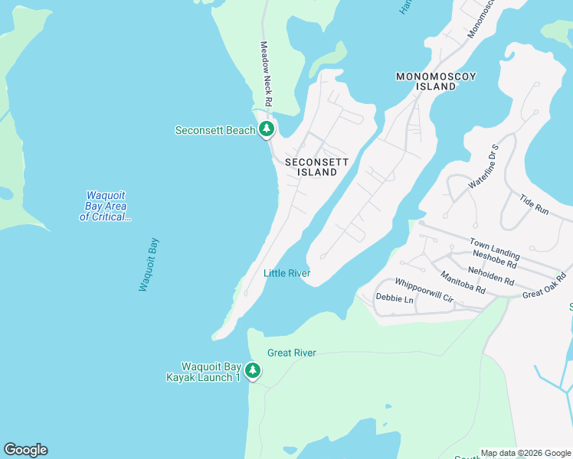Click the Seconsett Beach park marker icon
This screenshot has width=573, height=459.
pos(267,129)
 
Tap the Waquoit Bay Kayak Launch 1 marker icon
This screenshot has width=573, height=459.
pos(253,371)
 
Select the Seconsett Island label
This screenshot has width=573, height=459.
pos(316,168)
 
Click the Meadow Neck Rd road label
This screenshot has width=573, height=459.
pos(266,73)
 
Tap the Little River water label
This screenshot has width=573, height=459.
pos(286,273)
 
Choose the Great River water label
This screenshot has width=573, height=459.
pos(291,353)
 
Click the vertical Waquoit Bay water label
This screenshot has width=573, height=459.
pos(149,265)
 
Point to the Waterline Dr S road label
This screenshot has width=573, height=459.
pos(484,166)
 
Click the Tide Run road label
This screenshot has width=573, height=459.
pos(534,203)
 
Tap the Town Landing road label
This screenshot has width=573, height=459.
pos(494,249)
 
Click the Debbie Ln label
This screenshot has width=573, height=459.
pos(394,299)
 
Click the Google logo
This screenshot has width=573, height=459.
pos(25,450)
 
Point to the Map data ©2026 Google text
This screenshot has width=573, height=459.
pos(525,453)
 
